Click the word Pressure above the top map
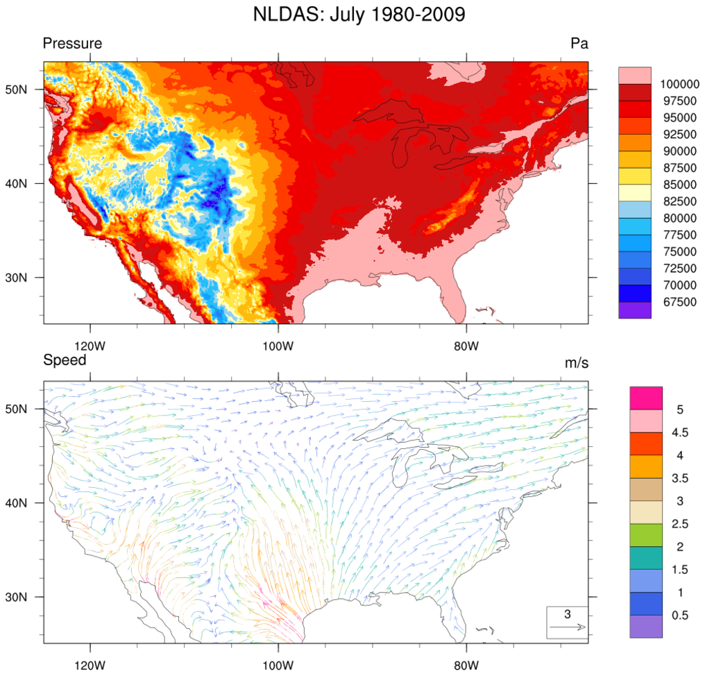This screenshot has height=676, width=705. [x=72, y=44]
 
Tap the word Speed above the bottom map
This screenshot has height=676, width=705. [x=65, y=360]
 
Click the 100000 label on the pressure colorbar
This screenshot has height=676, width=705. [x=679, y=84]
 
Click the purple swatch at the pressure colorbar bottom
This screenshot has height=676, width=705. [x=634, y=310]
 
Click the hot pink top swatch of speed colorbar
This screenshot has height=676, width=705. [x=645, y=398]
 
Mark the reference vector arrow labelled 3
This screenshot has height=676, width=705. [x=567, y=627]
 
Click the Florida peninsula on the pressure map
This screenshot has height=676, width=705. [x=454, y=295]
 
